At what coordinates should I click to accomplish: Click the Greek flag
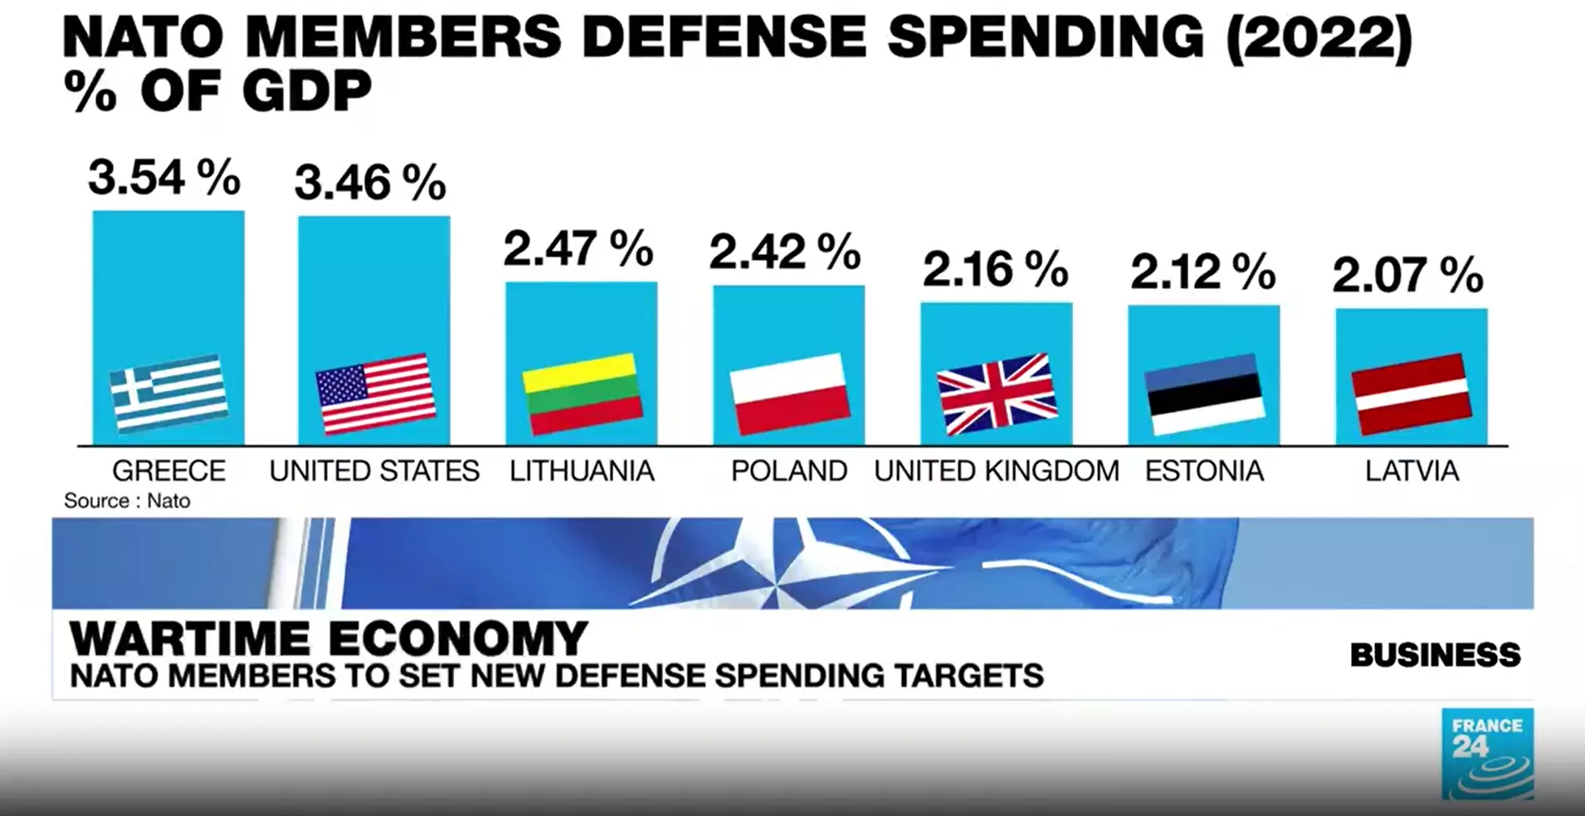coord(169,393)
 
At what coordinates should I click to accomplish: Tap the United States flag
coord(376,393)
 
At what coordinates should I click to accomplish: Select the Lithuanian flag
coord(583,393)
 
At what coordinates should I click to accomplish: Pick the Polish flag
coord(790,393)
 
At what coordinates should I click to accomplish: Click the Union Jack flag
coord(997,393)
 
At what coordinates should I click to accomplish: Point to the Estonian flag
coord(1204,393)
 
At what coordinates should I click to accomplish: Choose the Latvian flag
coord(1412,393)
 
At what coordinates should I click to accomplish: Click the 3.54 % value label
coord(164,177)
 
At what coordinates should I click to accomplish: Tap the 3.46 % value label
coord(370,183)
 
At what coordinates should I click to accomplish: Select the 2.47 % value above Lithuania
coord(578,248)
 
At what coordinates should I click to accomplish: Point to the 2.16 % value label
coord(995,270)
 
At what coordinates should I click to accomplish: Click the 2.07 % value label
coord(1407,276)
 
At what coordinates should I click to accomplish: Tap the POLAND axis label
coord(788,472)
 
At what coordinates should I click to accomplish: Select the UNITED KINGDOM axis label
coord(996,472)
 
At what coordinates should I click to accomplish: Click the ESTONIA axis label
coord(1204,472)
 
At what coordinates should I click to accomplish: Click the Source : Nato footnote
coord(127,501)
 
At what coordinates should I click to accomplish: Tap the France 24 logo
coord(1487,754)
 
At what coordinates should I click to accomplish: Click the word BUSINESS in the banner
coord(1435,655)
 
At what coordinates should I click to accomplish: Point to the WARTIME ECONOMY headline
coord(329,639)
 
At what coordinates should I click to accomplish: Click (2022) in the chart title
coord(1318,37)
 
